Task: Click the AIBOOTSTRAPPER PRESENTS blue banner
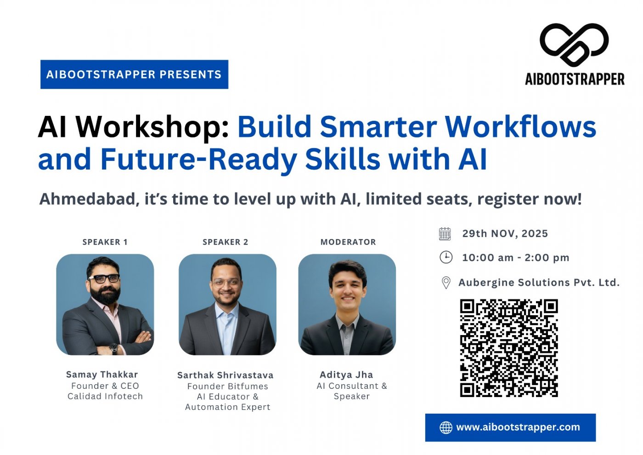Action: click(x=134, y=74)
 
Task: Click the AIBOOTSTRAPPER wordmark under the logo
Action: click(x=575, y=79)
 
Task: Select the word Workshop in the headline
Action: click(x=152, y=127)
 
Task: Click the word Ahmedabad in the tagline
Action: click(x=89, y=199)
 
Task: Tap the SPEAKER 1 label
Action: click(x=105, y=242)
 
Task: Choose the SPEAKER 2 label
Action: click(x=226, y=242)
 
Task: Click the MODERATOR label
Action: click(x=348, y=242)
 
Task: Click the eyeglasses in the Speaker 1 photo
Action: click(x=104, y=278)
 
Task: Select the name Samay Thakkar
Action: click(x=102, y=375)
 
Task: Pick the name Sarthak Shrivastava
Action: click(x=226, y=375)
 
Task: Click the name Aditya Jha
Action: click(x=346, y=375)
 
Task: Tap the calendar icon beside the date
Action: click(x=445, y=234)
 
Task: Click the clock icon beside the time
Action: click(x=446, y=257)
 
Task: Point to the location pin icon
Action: click(x=446, y=282)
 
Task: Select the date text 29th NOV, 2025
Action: click(x=505, y=233)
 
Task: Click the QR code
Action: click(x=509, y=348)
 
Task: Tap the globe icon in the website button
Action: click(x=446, y=427)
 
